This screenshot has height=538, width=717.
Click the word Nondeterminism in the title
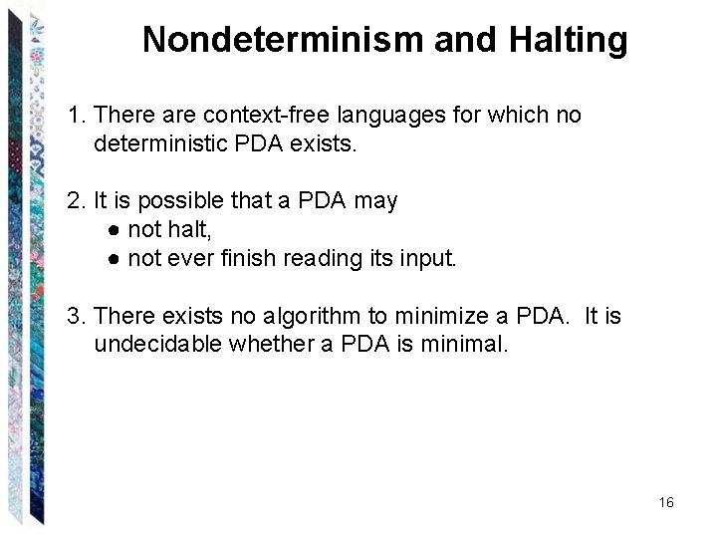coord(283,40)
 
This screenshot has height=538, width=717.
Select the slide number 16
coord(666,502)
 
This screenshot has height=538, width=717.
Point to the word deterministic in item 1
coord(157,143)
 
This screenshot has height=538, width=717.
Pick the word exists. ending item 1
coord(323,143)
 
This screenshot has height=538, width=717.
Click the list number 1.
coord(76,116)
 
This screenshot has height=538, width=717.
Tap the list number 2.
coord(76,201)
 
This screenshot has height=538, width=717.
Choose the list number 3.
coord(76,317)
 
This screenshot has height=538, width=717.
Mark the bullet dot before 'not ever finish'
coord(116,259)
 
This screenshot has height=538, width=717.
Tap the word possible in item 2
coord(181,201)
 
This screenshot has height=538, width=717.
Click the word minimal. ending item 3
coord(468,345)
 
